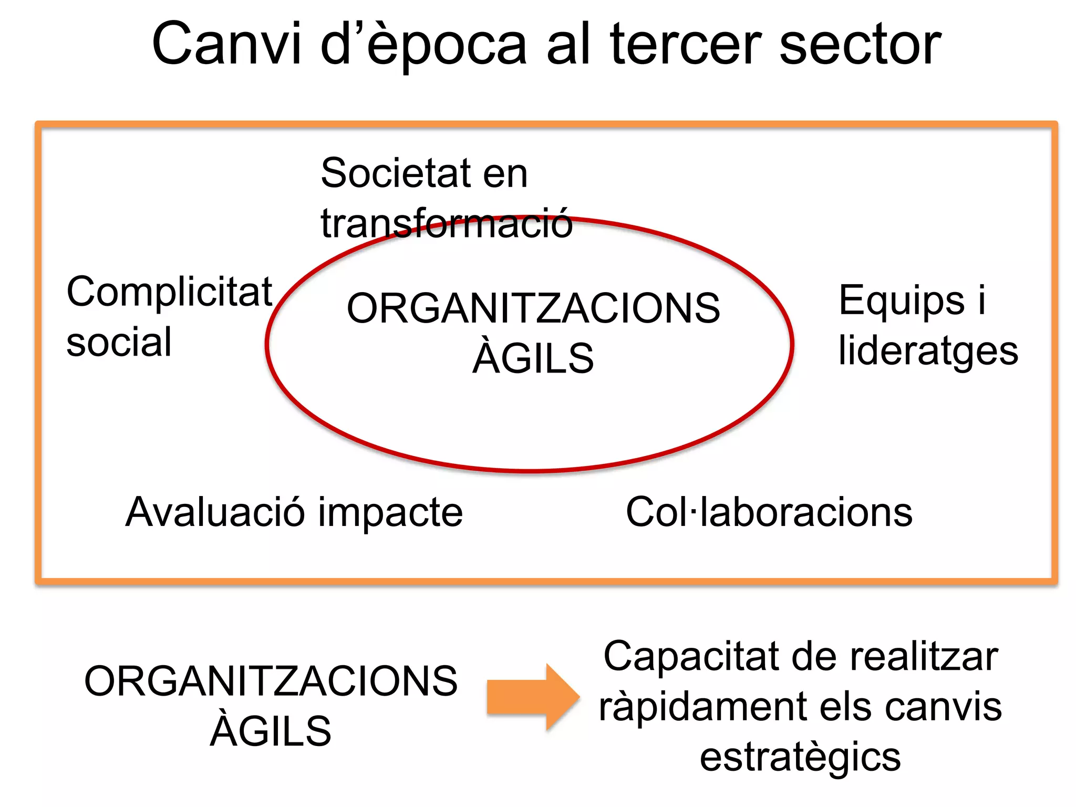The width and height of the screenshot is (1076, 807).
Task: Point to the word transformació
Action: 447,223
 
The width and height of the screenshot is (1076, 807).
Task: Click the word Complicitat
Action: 169,292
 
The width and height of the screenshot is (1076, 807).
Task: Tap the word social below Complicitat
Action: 119,342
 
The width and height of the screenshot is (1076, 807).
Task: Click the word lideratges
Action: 928,351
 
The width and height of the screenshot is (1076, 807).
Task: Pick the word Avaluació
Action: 215,512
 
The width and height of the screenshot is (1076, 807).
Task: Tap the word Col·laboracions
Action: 769,512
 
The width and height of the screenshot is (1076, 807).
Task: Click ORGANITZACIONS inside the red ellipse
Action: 533,308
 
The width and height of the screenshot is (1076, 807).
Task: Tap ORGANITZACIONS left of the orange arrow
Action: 271,681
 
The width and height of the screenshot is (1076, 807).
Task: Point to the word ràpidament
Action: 703,707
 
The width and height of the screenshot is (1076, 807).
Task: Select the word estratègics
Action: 800,757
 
